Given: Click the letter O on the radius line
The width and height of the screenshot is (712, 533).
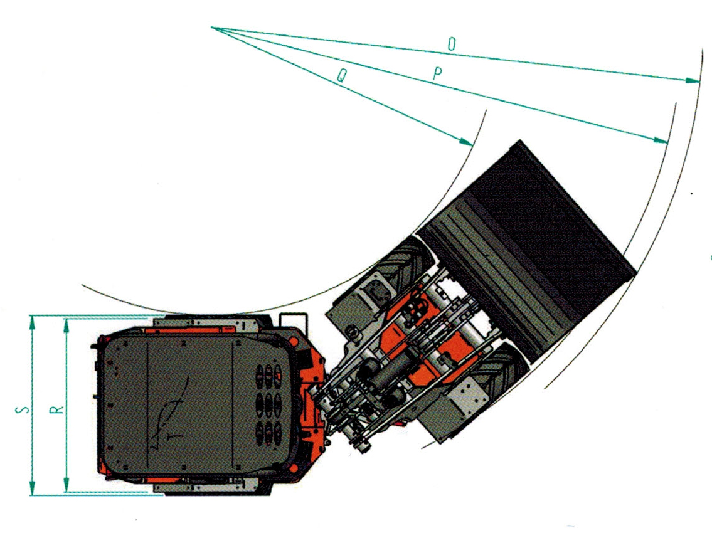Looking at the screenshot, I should [452, 43].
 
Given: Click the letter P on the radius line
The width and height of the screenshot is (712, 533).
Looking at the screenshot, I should [438, 73].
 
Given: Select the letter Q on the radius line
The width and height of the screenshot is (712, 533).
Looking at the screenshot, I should [341, 76].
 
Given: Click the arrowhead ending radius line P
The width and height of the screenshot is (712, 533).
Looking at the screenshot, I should [661, 140].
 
